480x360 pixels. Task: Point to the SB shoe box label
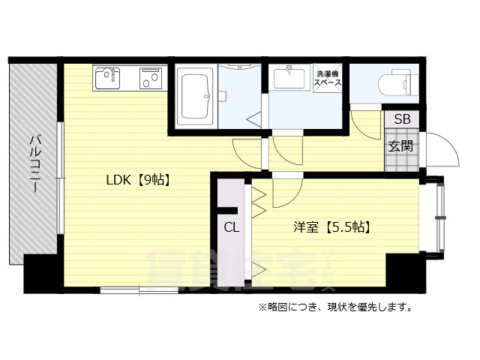tap(402, 118)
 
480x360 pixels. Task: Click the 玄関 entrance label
tap(400, 146)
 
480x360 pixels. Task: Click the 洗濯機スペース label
tap(328, 79)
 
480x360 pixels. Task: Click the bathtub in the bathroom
tap(196, 97)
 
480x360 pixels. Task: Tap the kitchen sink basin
tap(109, 76)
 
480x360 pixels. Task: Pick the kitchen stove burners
tap(151, 76)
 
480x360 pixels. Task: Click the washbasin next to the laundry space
tap(288, 77)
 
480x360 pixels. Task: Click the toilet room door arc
tap(365, 124)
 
